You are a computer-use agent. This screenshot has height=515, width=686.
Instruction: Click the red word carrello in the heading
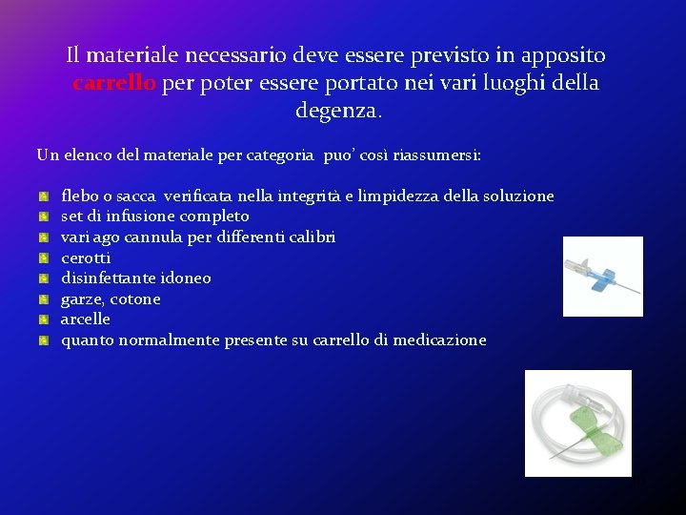[114, 83]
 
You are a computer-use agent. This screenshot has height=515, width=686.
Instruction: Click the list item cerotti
[86, 257]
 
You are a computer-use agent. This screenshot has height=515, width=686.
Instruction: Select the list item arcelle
[86, 319]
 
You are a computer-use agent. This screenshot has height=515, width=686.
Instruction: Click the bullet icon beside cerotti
[44, 257]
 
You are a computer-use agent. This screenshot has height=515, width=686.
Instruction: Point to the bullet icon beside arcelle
[44, 319]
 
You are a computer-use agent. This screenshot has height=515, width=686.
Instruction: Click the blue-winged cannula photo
[602, 277]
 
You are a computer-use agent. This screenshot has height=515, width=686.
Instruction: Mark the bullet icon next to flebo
[44, 196]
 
